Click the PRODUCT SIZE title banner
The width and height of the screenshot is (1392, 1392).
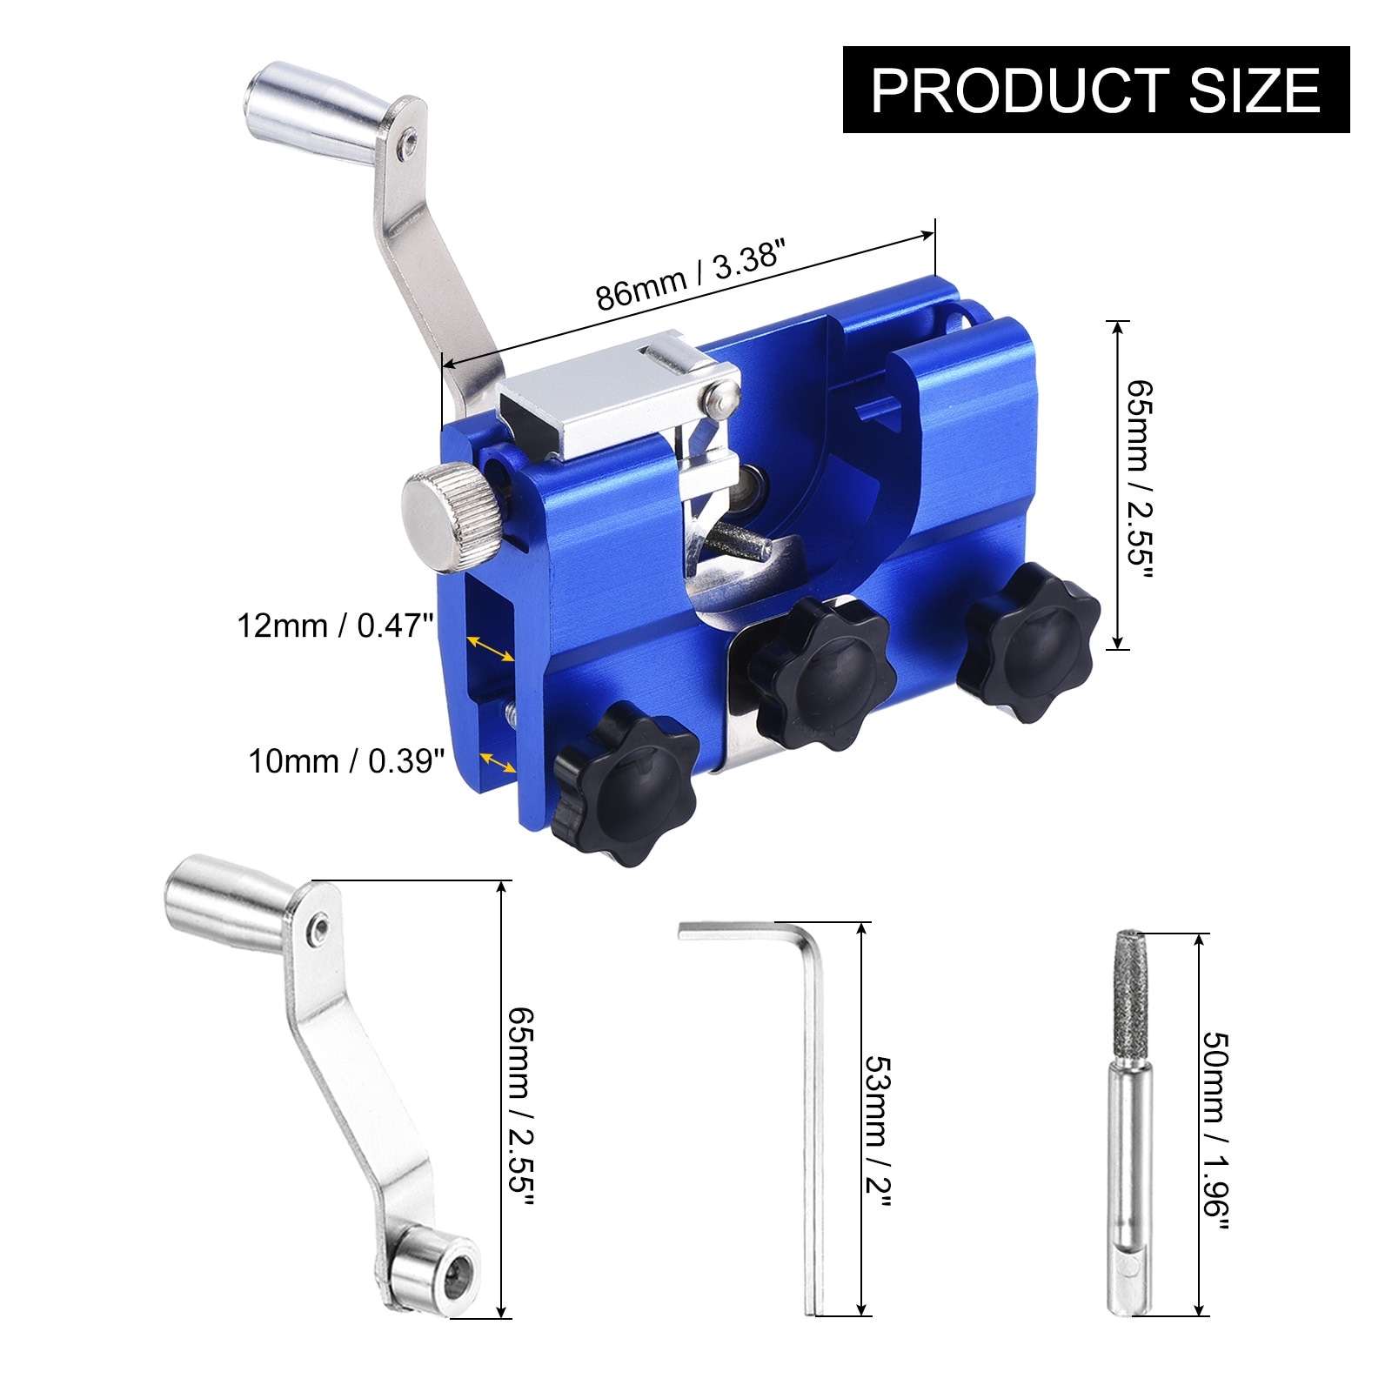point(1096,90)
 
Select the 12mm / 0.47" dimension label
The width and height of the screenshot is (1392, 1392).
point(336,626)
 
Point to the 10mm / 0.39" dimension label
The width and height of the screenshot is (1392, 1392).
point(346,761)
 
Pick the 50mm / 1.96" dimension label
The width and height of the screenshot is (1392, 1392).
point(1215,1131)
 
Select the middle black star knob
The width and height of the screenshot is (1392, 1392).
point(822,675)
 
